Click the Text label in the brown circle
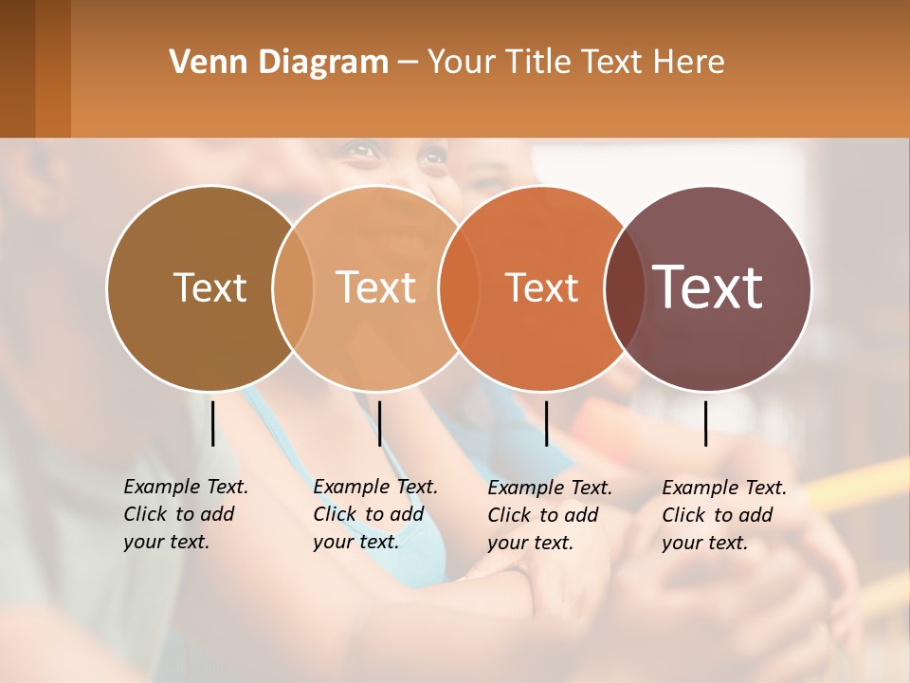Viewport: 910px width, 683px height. click(209, 287)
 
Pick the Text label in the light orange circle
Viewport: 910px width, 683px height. click(376, 287)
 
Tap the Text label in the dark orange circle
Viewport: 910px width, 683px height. click(541, 287)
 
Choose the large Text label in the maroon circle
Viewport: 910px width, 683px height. click(708, 287)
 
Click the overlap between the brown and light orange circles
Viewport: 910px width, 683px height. click(293, 287)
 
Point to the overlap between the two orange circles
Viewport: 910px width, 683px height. click(459, 287)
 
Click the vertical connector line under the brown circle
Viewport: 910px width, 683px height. click(212, 423)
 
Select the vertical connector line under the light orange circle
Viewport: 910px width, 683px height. click(379, 423)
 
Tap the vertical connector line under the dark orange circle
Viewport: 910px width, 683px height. click(546, 423)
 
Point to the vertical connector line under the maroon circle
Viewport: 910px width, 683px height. click(706, 423)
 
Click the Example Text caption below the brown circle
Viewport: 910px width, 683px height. click(186, 514)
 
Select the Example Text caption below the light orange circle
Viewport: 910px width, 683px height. click(375, 514)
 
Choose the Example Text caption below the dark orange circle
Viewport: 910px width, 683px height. click(550, 515)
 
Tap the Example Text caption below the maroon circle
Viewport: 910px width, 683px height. click(724, 515)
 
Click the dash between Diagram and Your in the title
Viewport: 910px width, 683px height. click(408, 64)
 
